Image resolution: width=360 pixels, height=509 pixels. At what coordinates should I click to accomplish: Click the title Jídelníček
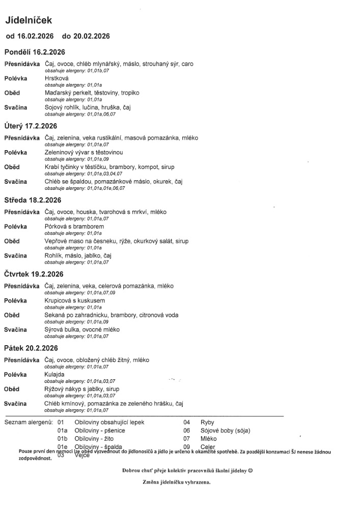pos(29,20)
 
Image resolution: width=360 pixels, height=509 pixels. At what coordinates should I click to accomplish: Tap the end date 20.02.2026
pos(92,36)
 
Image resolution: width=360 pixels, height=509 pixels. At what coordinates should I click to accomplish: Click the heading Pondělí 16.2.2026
pos(35,52)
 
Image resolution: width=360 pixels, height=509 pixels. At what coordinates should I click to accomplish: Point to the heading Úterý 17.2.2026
pos(31,126)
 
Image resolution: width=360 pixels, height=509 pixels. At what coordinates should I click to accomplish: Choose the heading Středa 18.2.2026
pos(33,200)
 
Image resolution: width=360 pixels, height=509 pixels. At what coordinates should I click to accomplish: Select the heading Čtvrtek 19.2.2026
pos(34,274)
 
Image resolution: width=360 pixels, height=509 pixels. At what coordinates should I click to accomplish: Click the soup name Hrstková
pos(57,79)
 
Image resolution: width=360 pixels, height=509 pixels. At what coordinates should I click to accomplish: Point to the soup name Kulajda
pos(54,375)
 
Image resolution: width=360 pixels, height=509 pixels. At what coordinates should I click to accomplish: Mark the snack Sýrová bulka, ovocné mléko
pos(82,330)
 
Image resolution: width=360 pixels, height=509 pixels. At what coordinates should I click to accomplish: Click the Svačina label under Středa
pos(16,256)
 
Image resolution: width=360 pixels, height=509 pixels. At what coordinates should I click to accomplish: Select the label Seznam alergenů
pos(28,422)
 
